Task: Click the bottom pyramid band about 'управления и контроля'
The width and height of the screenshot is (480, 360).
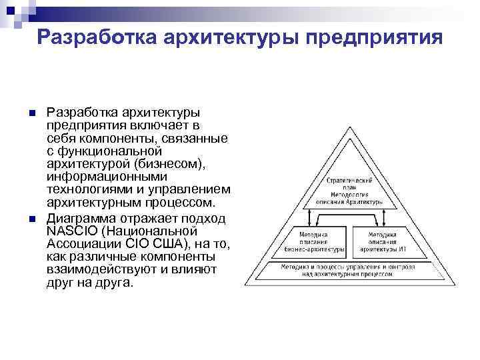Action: click(353, 270)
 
